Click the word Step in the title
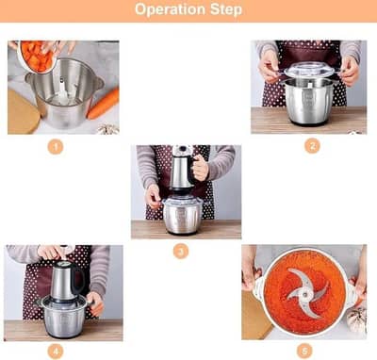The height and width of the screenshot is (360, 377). click(x=226, y=10)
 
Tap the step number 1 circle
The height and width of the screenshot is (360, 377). click(x=56, y=147)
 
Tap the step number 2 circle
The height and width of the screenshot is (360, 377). click(x=312, y=146)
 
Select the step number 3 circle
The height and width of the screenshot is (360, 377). click(x=181, y=251)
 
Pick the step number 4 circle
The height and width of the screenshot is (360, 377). click(x=56, y=351)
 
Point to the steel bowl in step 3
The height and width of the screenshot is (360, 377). click(x=182, y=215)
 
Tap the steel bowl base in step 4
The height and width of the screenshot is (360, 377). click(x=63, y=316)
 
